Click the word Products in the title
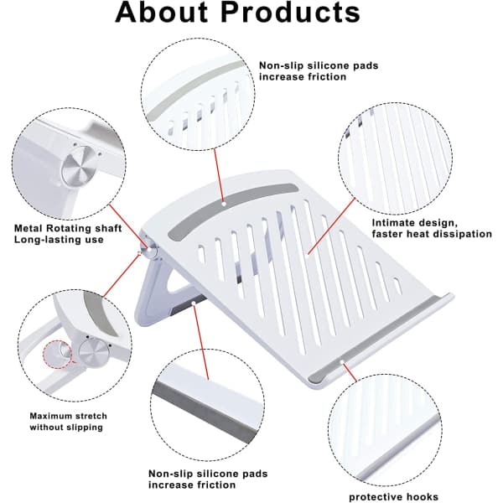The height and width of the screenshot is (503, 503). (x=291, y=13)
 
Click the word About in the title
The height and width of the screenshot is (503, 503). (x=161, y=13)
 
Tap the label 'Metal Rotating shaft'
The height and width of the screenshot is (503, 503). (x=68, y=228)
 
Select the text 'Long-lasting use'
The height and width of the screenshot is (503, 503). (x=59, y=240)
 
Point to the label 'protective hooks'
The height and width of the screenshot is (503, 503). (x=394, y=497)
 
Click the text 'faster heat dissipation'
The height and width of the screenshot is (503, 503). (x=432, y=234)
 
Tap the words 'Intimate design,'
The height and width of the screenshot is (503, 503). (x=415, y=223)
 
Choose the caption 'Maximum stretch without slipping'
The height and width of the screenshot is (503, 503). (x=69, y=422)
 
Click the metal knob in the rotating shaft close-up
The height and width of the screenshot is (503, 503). (x=78, y=166)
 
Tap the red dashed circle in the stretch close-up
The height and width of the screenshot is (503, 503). (x=58, y=355)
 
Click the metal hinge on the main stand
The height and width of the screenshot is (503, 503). (x=150, y=249)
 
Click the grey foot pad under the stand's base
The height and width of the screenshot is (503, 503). (x=189, y=306)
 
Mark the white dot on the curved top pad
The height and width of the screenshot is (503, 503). (x=224, y=204)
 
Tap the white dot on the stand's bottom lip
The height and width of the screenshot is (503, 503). (x=342, y=362)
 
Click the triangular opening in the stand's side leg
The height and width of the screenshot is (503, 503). (x=180, y=283)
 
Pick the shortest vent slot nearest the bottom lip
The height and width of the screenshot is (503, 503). (x=397, y=286)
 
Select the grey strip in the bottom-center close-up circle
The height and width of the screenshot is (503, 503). (x=205, y=412)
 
